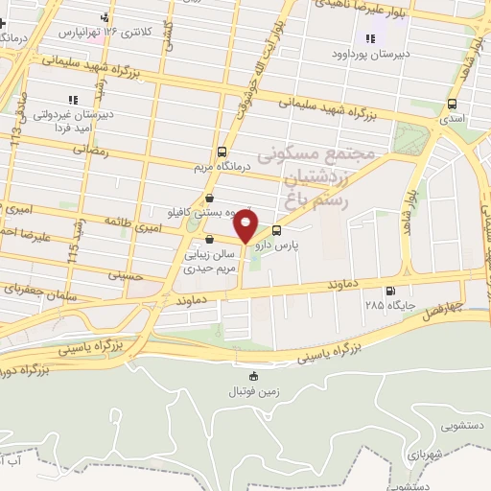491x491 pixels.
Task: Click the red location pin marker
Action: tap(247, 226)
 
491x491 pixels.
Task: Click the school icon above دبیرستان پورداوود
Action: tap(369, 39)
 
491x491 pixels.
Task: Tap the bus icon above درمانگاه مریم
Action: tap(222, 152)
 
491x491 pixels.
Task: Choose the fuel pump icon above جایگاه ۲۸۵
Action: tap(388, 292)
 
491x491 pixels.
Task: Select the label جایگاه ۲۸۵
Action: tap(386, 305)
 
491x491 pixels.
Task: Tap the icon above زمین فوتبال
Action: tap(253, 376)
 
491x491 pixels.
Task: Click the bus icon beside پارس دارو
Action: tap(277, 230)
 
